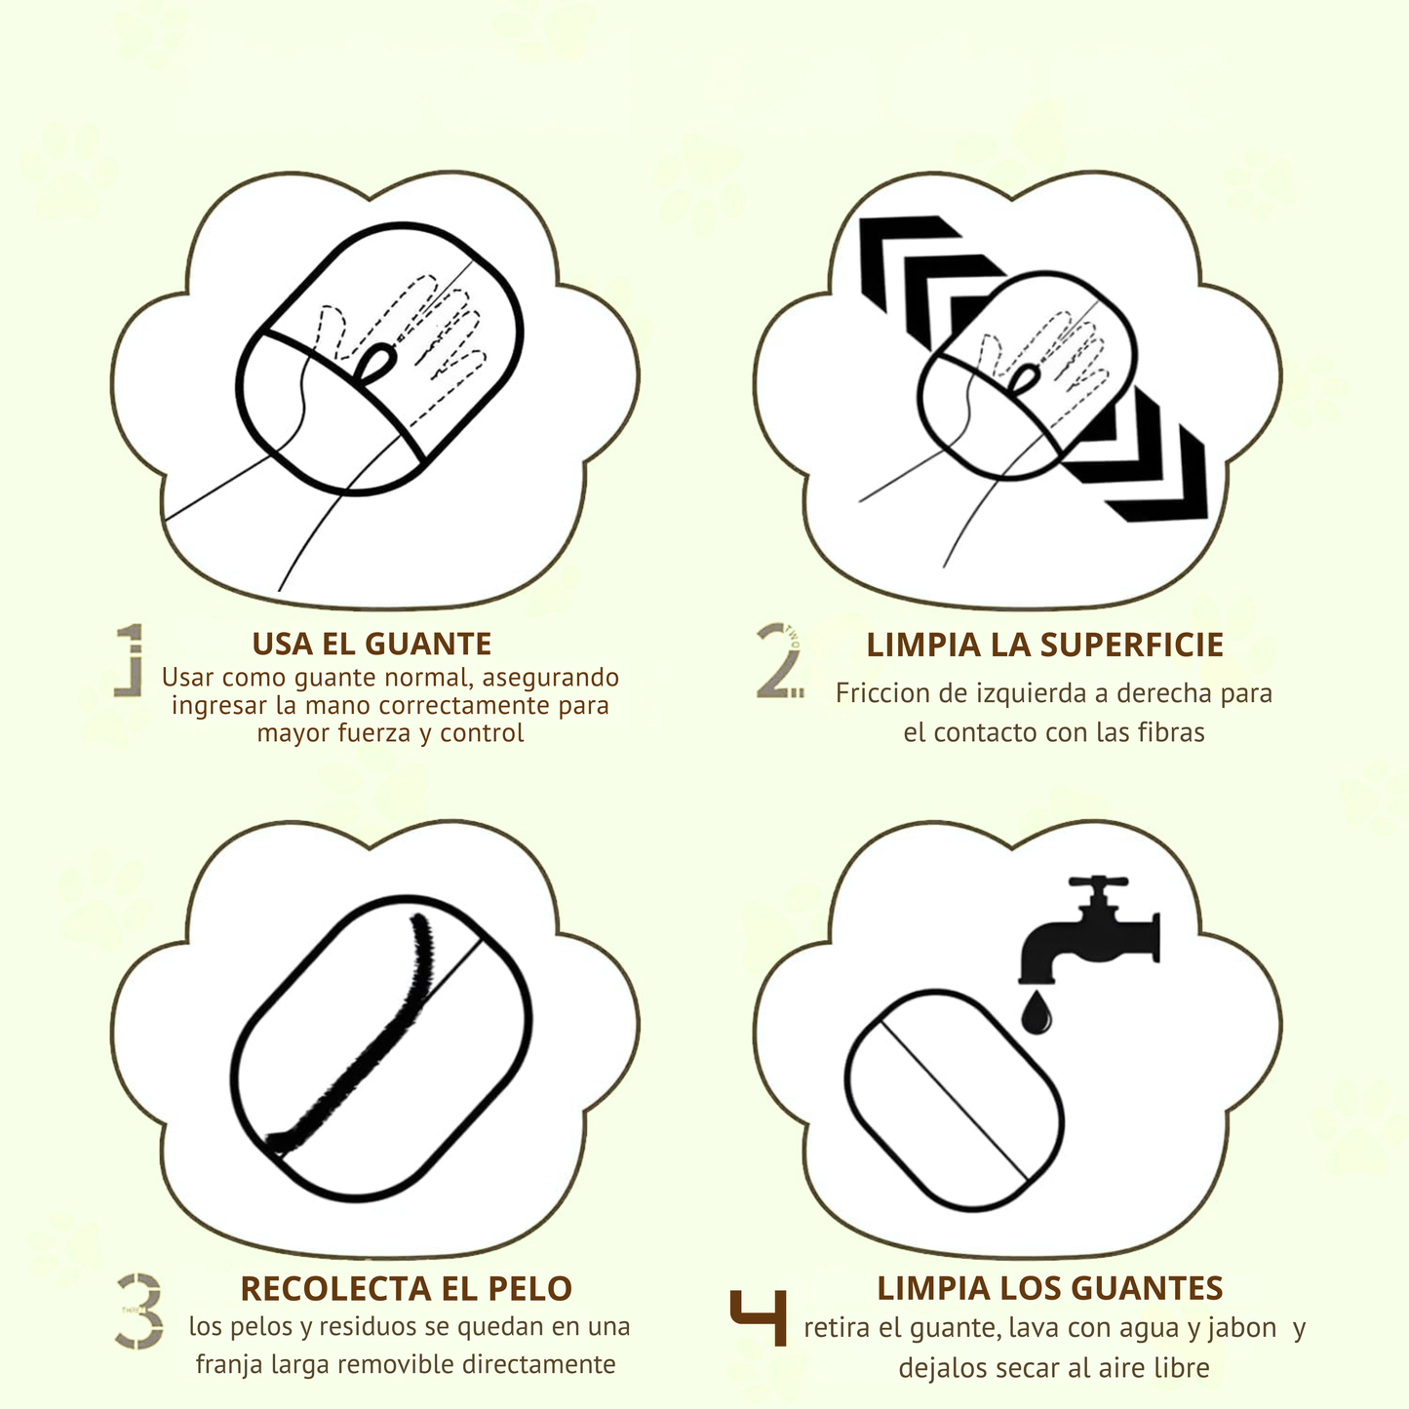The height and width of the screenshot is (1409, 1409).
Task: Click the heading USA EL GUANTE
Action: coord(372,645)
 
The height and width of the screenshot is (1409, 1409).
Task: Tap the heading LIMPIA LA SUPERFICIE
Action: coord(1044,645)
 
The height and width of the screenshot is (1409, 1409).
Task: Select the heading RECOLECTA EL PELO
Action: coord(406,1288)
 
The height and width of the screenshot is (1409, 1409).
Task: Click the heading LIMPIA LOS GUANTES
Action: coord(1049,1288)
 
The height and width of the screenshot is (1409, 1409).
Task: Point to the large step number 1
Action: coord(130,660)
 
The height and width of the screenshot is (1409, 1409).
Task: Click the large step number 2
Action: coord(779,660)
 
